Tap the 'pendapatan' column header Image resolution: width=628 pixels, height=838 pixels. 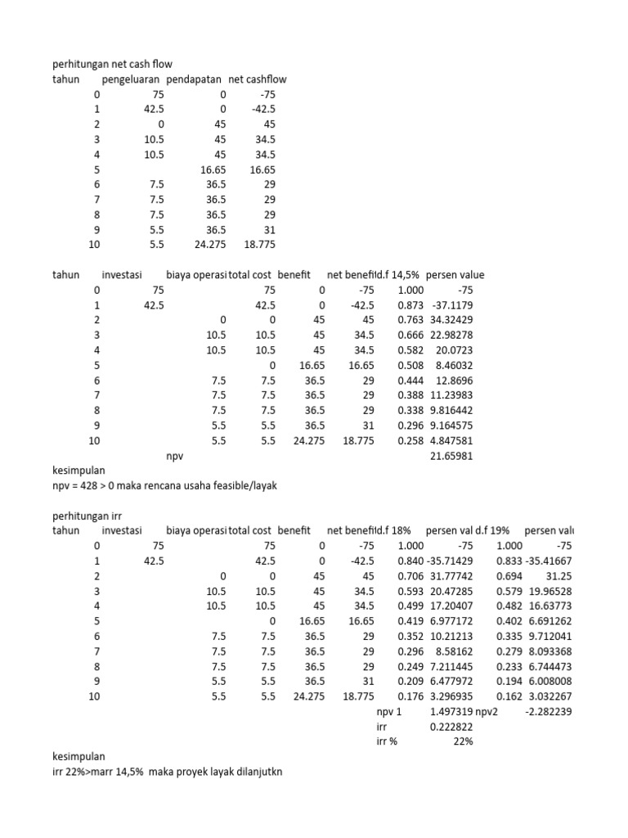point(195,79)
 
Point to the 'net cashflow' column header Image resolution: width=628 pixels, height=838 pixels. point(258,79)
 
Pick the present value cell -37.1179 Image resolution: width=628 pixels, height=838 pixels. point(451,305)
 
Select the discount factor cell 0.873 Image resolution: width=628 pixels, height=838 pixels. point(410,305)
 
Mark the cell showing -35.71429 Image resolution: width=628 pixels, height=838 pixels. point(450,561)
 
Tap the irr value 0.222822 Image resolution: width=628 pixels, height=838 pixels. point(451,726)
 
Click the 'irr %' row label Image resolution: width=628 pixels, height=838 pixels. point(380,741)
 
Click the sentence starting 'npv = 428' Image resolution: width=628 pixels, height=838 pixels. point(164,486)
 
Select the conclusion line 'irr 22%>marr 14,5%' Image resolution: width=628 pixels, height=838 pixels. point(166,771)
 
